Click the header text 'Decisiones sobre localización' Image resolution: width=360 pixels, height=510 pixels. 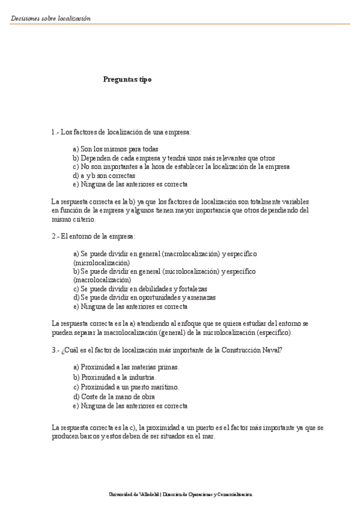tap(50, 18)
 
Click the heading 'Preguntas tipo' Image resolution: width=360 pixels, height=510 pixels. tap(127, 79)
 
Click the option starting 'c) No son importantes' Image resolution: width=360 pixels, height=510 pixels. tap(181, 167)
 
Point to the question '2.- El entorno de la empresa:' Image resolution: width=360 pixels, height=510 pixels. tap(94, 236)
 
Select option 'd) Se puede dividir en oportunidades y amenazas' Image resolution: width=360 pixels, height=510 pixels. tap(144, 297)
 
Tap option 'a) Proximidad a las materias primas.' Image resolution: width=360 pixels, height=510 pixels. tap(126, 367)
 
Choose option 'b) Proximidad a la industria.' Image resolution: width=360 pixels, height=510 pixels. tap(114, 377)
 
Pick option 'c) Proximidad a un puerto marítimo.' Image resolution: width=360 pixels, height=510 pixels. tap(126, 387)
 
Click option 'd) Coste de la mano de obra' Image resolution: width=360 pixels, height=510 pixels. tap(114, 396)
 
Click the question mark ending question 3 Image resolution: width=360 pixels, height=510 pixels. tap(282, 349)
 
